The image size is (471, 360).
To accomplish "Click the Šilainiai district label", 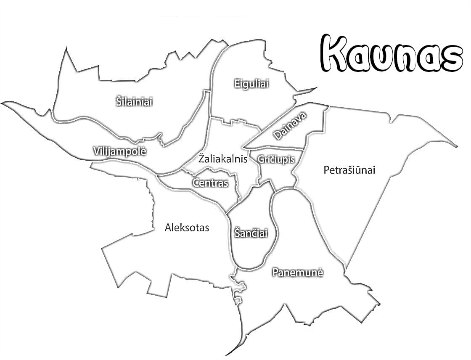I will [134, 102].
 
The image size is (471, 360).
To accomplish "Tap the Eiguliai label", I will [251, 84].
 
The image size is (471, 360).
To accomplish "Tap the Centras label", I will [210, 183].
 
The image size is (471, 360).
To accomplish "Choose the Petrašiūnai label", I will [349, 170].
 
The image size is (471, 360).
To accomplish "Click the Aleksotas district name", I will [187, 228].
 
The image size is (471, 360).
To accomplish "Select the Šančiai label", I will [251, 233].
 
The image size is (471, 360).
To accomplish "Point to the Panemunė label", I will [297, 273].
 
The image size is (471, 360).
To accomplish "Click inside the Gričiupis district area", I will [280, 172].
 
